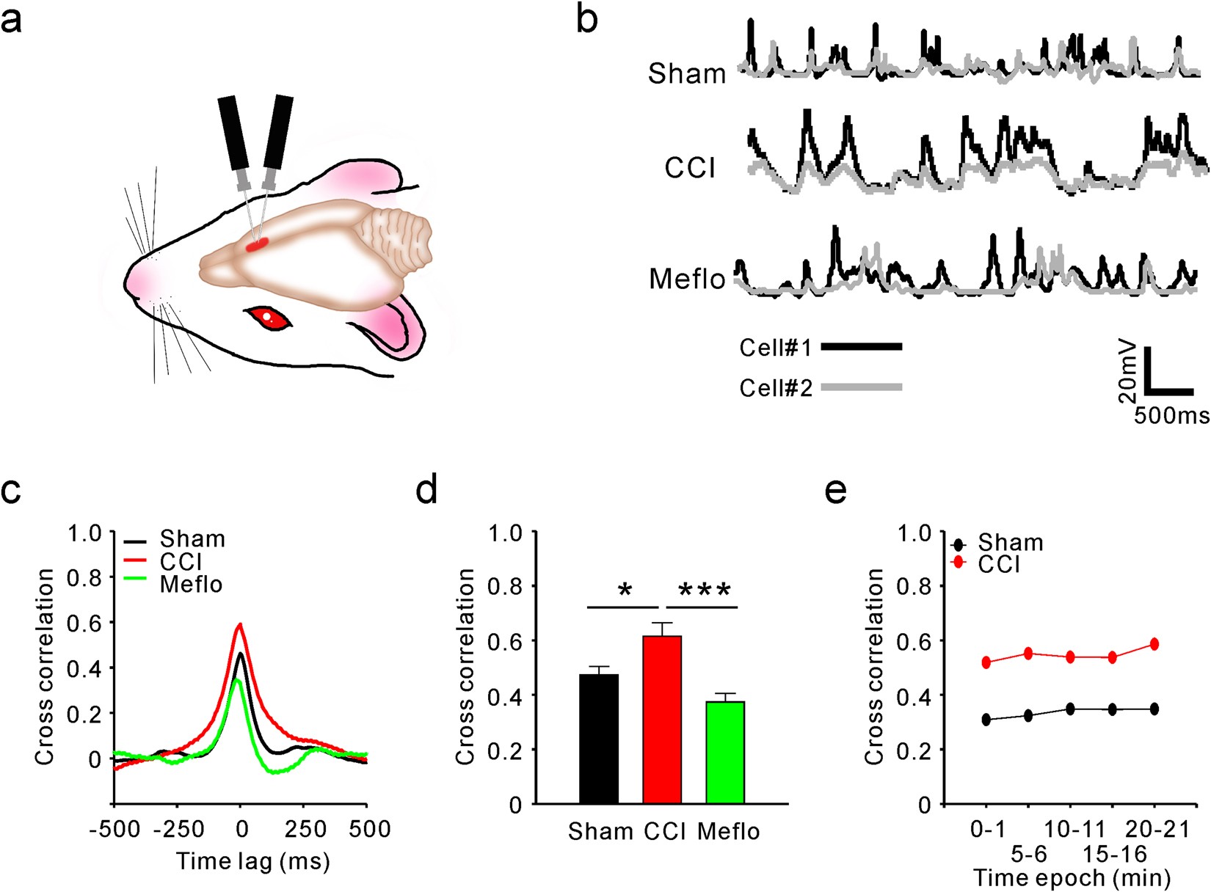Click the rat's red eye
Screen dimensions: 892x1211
pos(268,318)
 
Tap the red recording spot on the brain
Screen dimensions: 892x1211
pos(257,245)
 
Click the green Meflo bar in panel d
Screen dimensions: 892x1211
pos(725,752)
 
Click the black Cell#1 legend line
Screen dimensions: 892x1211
pos(861,346)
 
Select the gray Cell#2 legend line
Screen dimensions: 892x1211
pos(861,387)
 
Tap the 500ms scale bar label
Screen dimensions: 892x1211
pos(1171,415)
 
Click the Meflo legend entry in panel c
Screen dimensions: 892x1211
pos(191,584)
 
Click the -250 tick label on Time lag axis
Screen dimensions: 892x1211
pos(178,829)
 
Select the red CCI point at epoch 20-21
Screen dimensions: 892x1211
pos(1154,644)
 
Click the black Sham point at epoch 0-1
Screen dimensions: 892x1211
pos(986,720)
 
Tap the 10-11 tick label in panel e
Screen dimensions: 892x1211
pos(1074,830)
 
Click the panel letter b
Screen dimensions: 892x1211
pos(587,19)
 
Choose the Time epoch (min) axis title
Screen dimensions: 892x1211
pos(1071,877)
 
